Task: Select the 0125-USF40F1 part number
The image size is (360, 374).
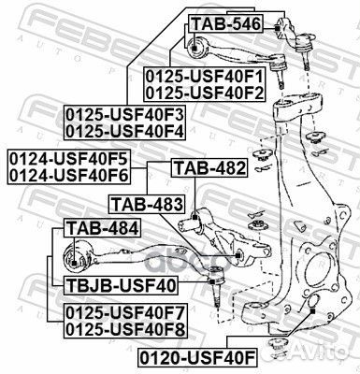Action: tap(205, 76)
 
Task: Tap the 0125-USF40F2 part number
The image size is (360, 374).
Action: tap(205, 92)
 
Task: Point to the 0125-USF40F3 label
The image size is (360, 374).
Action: tap(125, 113)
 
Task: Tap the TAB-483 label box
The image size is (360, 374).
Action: tap(147, 203)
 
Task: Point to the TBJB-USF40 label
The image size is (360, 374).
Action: tap(122, 283)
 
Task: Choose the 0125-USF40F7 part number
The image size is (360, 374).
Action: tap(125, 311)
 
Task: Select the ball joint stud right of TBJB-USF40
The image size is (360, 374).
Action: tap(216, 280)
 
